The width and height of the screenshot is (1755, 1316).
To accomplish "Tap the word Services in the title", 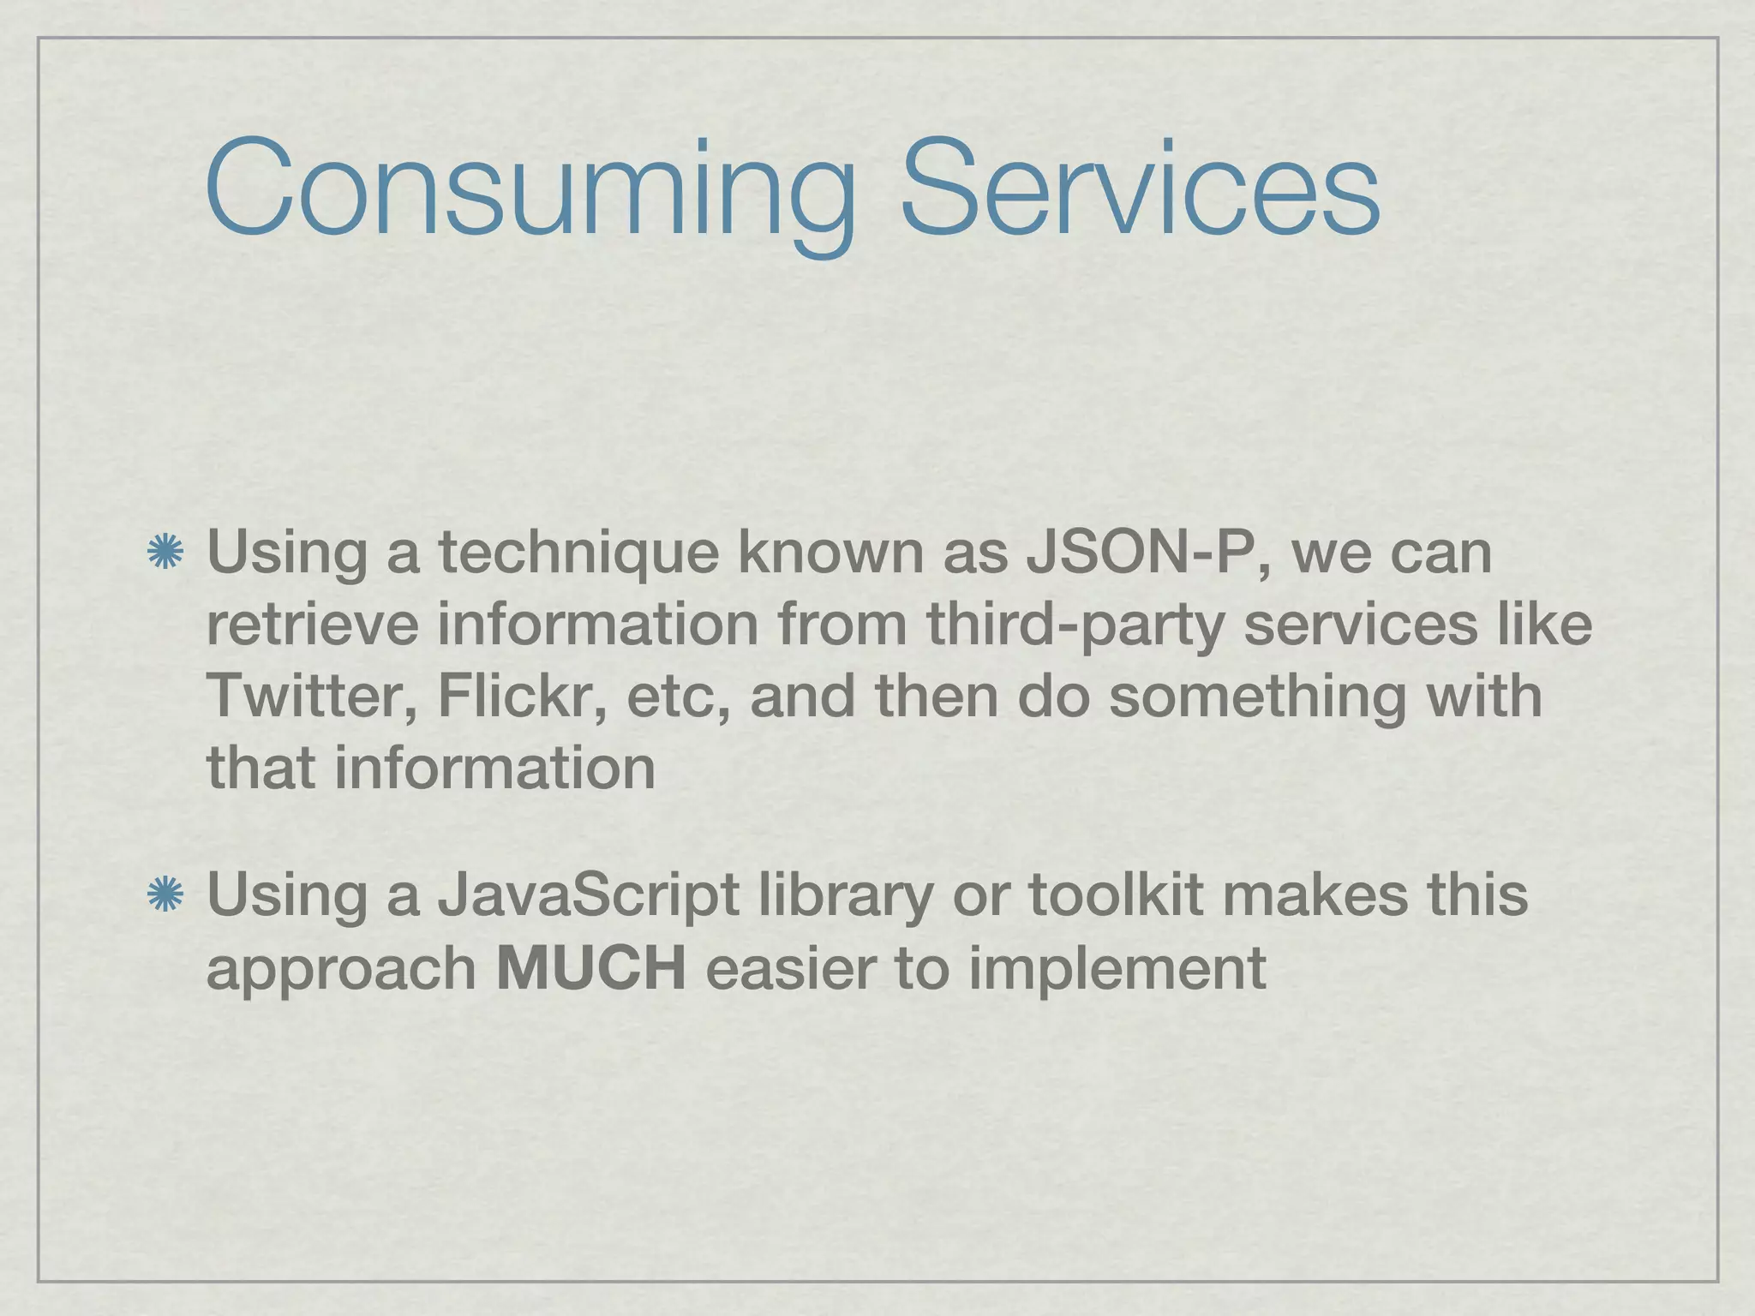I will tap(1140, 189).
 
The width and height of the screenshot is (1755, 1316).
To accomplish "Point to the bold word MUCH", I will tap(591, 969).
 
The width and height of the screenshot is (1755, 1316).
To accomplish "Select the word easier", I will tap(789, 969).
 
